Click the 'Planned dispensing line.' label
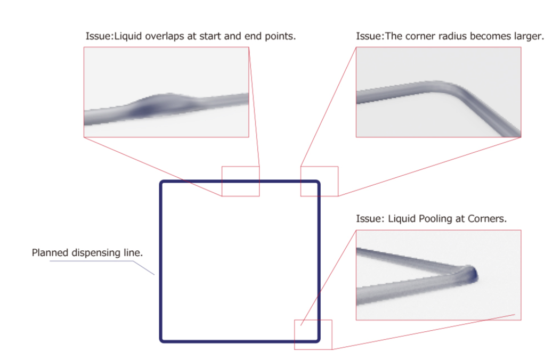pos(87,252)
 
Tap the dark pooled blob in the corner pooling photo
pos(470,274)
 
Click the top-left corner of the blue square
pos(161,182)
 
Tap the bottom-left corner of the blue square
pos(161,340)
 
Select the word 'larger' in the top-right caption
pos(528,37)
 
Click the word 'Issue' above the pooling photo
pos(368,219)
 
